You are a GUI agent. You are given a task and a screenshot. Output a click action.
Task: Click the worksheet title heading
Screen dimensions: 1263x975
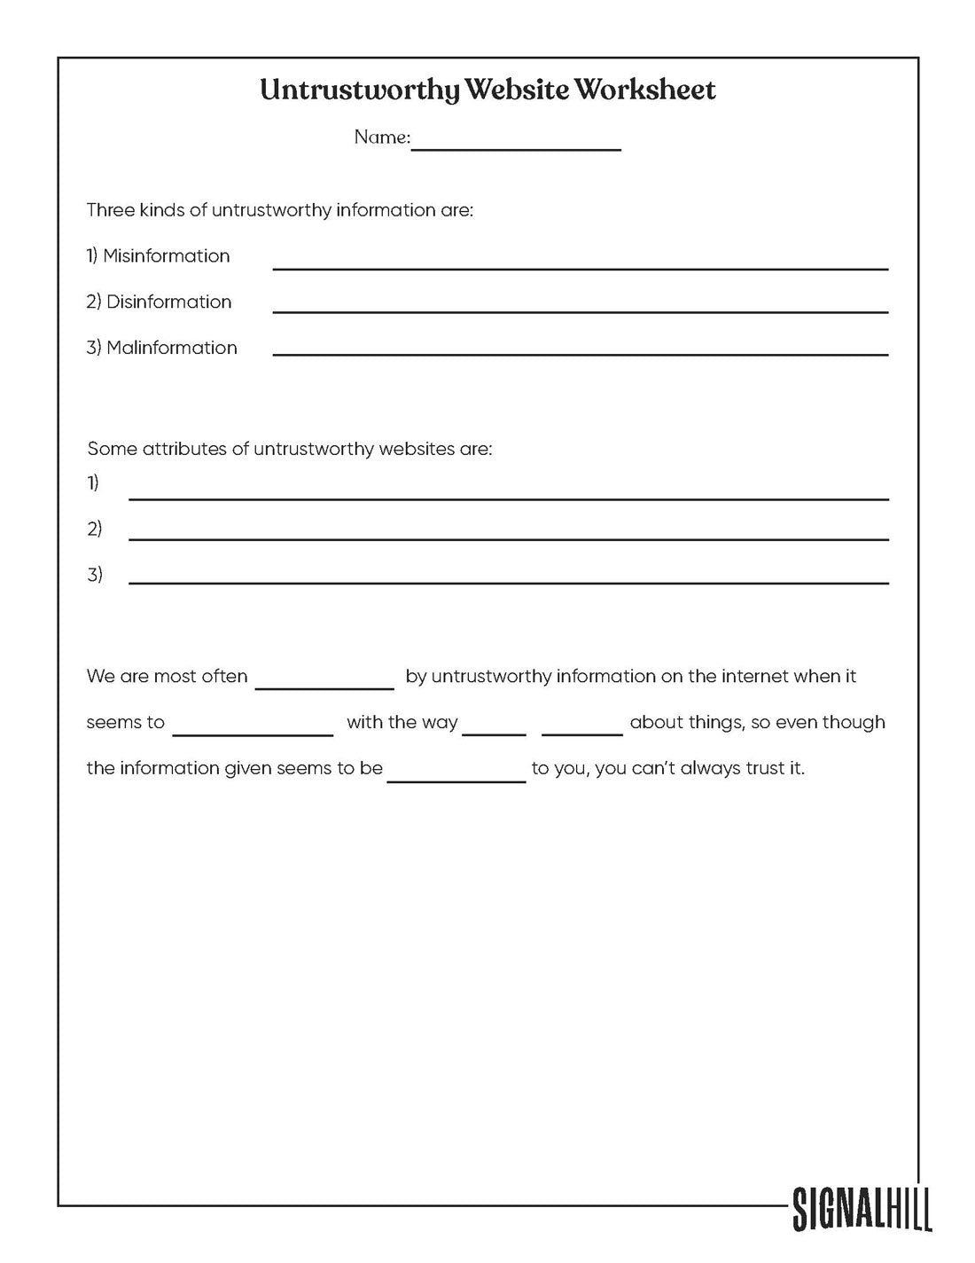[x=487, y=90]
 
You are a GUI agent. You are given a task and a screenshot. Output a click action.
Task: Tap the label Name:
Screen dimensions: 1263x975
[x=382, y=137]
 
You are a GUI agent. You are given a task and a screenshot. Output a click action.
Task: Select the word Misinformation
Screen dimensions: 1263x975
[x=167, y=256]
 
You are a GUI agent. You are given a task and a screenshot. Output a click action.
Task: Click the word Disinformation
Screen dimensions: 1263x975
[x=168, y=302]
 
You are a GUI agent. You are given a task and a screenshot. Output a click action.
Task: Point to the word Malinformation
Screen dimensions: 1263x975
[x=172, y=349]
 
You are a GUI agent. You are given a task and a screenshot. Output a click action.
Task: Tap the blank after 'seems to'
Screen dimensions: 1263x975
[x=253, y=733]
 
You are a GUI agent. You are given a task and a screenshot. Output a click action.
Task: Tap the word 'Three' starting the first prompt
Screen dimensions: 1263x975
[x=111, y=211]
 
